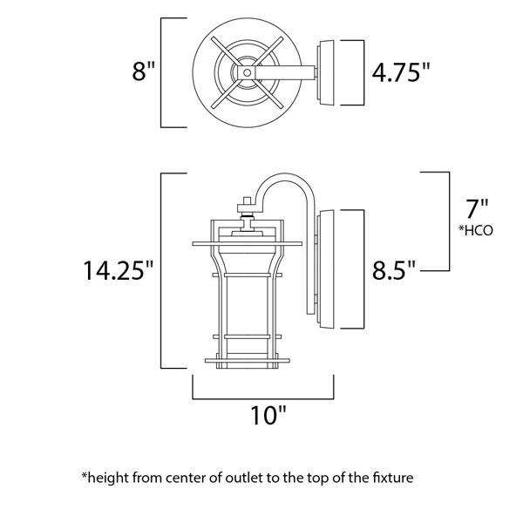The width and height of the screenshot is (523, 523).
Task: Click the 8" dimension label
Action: [x=144, y=71]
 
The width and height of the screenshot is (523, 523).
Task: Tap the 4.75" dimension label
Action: [x=401, y=72]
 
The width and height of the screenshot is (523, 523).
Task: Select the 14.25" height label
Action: [x=118, y=270]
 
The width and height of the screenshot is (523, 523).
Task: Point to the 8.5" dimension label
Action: [x=394, y=270]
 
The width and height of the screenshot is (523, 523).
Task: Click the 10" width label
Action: [x=268, y=415]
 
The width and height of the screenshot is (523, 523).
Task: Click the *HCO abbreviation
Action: [x=476, y=230]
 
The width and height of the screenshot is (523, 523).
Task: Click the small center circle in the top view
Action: [x=248, y=72]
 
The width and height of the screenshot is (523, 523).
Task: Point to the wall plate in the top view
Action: [x=325, y=72]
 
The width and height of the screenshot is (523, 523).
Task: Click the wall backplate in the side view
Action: [x=325, y=268]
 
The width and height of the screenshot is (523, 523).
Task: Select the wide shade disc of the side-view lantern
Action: [x=248, y=244]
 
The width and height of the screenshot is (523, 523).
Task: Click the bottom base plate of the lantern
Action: [x=248, y=361]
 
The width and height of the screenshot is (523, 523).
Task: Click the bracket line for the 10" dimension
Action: [x=263, y=398]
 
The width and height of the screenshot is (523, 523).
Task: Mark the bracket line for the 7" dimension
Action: [x=449, y=221]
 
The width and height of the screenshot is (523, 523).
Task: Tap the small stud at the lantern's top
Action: [x=248, y=200]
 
